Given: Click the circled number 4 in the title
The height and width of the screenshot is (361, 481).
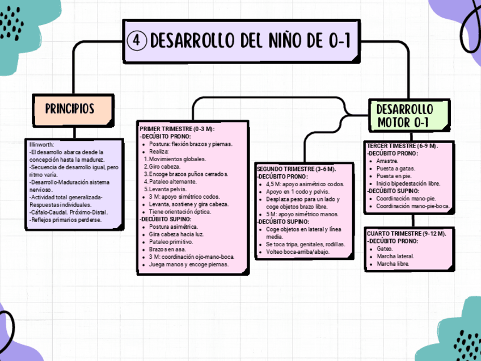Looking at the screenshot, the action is pos(137,40).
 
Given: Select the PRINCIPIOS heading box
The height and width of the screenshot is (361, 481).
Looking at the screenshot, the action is pos(70,109).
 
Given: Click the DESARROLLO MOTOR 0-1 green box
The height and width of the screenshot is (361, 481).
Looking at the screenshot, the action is pos(404,115).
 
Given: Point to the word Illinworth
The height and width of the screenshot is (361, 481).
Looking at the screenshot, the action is pos(41,145).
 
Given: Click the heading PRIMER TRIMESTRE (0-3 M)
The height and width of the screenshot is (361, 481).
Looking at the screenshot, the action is pos(176,129).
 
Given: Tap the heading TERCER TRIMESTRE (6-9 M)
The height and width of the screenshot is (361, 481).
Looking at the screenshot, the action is pos(402,146).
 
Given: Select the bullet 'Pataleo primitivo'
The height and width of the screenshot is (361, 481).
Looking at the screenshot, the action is pos(171,242).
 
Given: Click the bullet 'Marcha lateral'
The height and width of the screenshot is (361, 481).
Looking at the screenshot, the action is pos(395,256).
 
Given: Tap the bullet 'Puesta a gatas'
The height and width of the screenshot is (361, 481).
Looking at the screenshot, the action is pos(395,169).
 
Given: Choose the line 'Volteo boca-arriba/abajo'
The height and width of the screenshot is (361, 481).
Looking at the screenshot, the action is pos(297,251).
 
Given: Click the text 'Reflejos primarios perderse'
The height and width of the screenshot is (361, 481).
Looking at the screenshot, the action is pos(66,220).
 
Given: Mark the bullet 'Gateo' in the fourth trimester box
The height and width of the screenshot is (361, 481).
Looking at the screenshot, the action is pos(385,249).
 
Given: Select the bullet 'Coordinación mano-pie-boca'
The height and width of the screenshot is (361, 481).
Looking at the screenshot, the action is pos(412,206).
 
